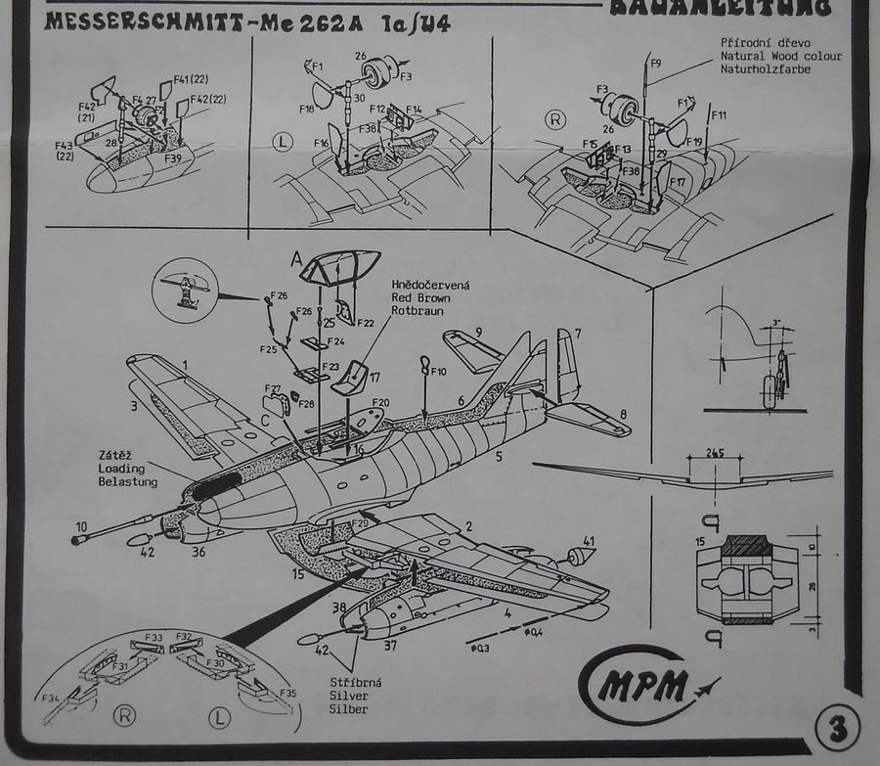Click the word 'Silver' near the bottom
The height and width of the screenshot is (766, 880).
[x=348, y=696]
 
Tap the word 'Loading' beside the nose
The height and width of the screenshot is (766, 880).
[x=121, y=469]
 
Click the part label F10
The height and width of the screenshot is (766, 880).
[x=437, y=372]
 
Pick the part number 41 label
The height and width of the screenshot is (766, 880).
[x=589, y=540]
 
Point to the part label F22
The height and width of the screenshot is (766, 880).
[x=366, y=323]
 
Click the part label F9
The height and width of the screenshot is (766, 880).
[x=656, y=65]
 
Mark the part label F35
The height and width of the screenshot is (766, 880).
[x=287, y=693]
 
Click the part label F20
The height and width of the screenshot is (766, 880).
[x=380, y=402]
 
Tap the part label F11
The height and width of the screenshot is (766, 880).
[x=719, y=115]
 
